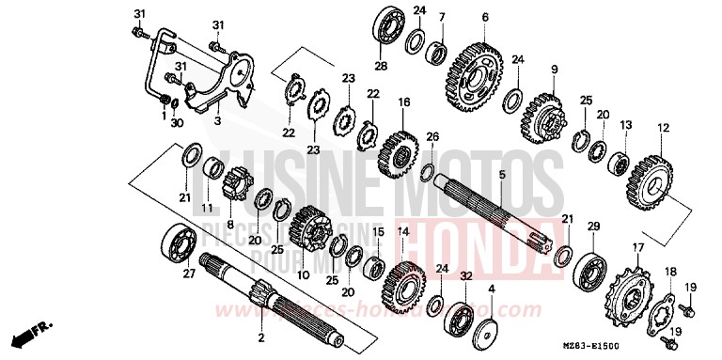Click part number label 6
click(x=485, y=16)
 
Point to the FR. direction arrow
click(x=28, y=334)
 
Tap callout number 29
click(x=593, y=227)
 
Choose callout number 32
click(x=465, y=275)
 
